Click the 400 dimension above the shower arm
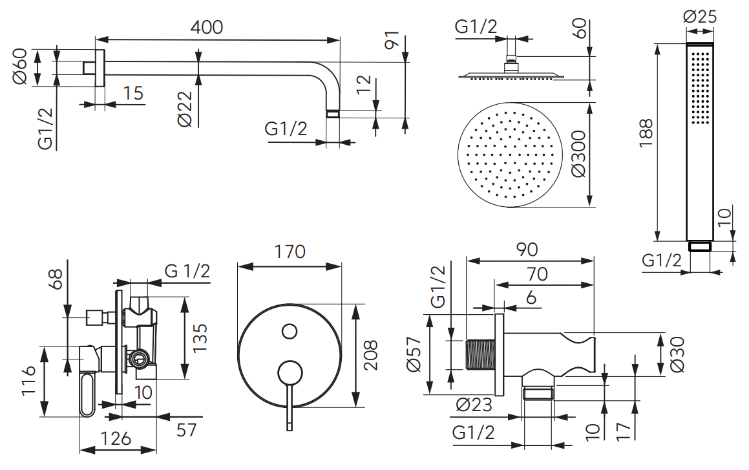click(207, 27)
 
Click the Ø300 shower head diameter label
click(578, 154)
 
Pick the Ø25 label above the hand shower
click(700, 16)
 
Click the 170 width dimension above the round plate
click(290, 251)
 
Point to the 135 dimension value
click(200, 337)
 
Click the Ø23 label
click(473, 405)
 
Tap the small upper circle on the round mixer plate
click(290, 332)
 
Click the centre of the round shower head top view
click(507, 156)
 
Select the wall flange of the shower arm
click(99, 67)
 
